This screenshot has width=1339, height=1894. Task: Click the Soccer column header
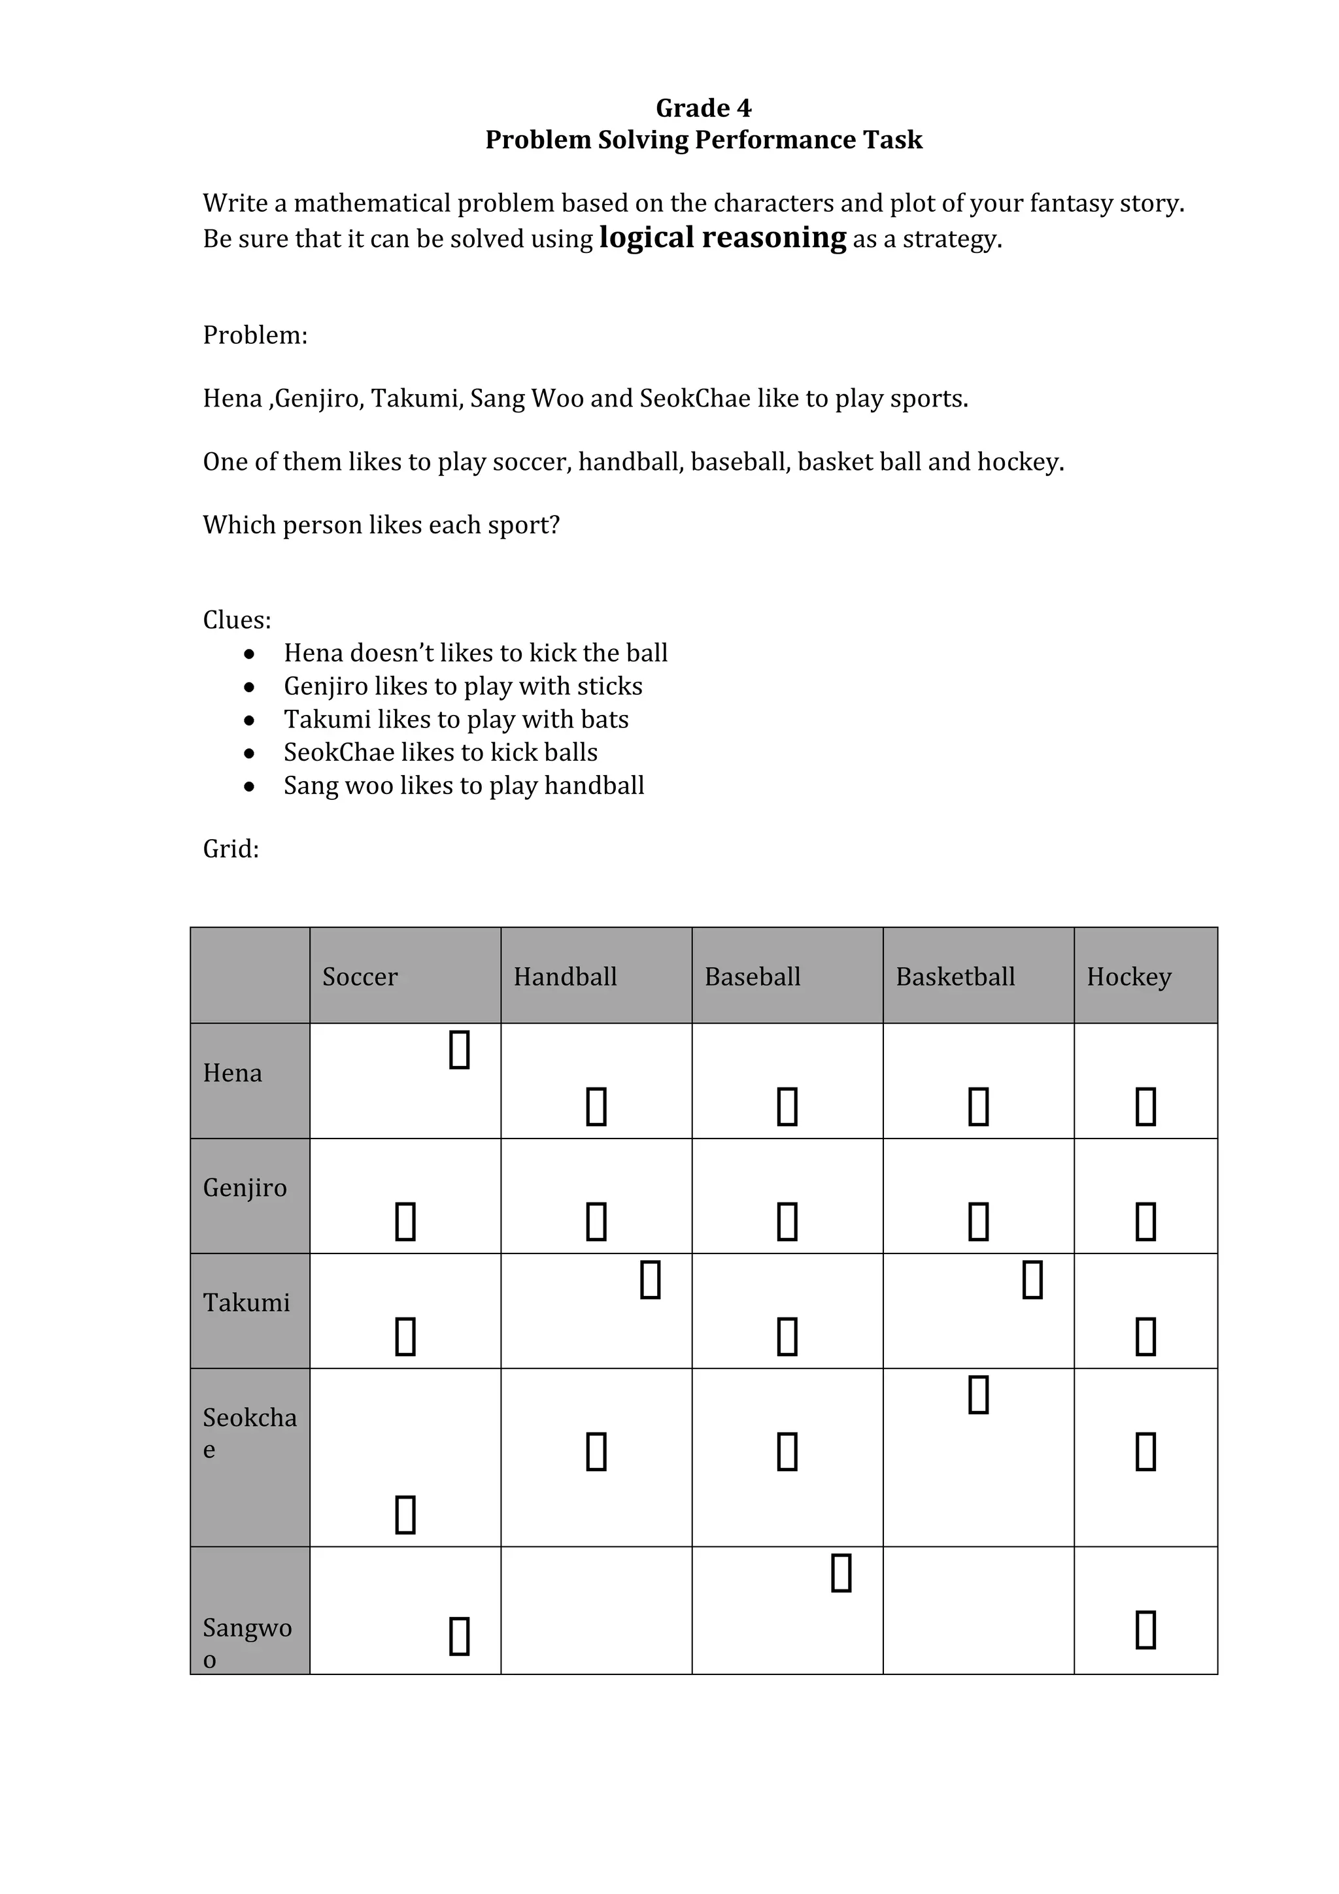[x=360, y=976]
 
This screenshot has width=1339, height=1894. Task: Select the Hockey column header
[x=1128, y=976]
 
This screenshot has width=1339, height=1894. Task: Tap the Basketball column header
[x=955, y=976]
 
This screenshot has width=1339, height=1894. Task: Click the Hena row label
[x=233, y=1073]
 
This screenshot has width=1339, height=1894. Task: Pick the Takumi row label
[x=246, y=1303]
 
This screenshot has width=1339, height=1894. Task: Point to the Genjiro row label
[x=245, y=1188]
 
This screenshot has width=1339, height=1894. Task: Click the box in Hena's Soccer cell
[x=460, y=1050]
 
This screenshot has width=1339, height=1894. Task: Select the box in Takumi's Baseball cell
[x=787, y=1337]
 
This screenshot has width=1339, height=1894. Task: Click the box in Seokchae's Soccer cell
[x=405, y=1514]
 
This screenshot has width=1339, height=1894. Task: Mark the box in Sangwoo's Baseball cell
[x=841, y=1572]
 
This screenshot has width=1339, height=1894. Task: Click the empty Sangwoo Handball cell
[x=596, y=1610]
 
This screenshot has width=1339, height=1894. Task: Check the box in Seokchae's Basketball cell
[x=979, y=1394]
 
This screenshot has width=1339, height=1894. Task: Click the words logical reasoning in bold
[x=722, y=238]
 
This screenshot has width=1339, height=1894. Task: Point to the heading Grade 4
[x=703, y=108]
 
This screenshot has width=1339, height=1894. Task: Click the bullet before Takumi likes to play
[x=249, y=720]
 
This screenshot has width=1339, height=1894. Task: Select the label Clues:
[x=237, y=620]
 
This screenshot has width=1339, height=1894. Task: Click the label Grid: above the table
[x=231, y=849]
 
